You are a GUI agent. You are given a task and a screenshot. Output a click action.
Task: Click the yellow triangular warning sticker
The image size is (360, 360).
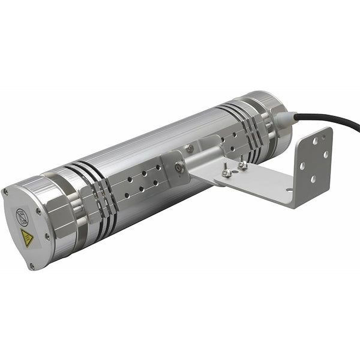pos(27,237)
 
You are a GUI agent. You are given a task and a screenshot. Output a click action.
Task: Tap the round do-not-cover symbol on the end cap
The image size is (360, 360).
pos(22,214)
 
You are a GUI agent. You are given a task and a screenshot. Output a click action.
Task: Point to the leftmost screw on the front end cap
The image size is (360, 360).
pos(6,193)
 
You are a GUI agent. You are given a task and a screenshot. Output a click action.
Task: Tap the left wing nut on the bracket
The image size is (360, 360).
pos(227,172)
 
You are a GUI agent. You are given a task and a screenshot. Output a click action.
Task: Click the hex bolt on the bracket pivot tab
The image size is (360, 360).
pos(178,169)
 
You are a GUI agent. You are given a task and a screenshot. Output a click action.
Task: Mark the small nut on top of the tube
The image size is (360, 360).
pos(190,148)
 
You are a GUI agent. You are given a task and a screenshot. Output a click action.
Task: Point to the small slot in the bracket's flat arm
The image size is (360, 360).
pos(290,190)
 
